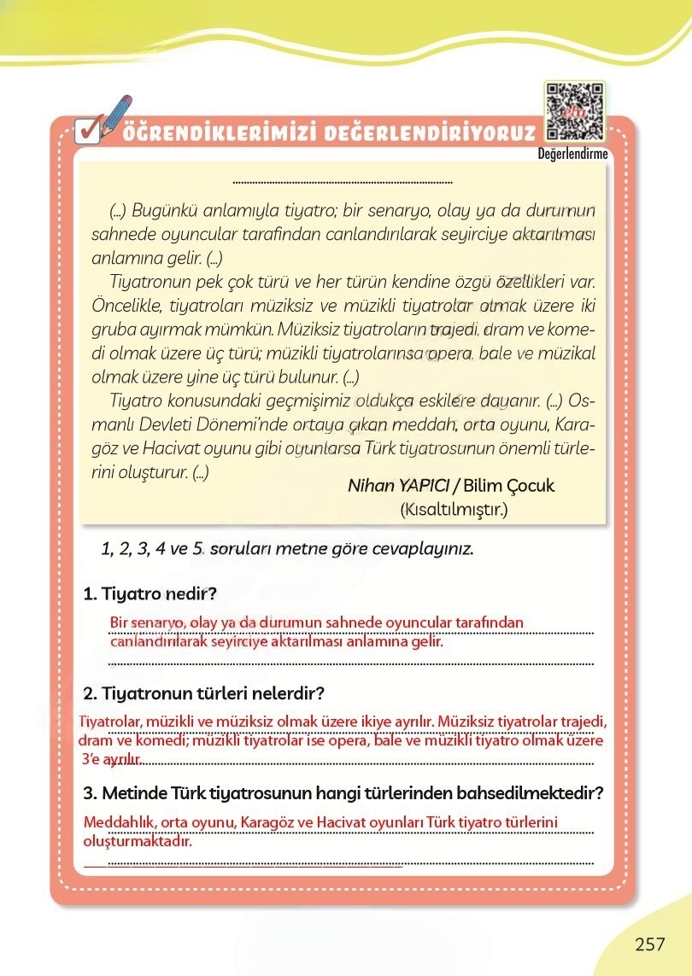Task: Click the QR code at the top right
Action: click(574, 112)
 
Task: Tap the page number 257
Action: click(649, 944)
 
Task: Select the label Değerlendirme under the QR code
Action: click(572, 155)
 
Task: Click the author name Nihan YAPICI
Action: click(398, 486)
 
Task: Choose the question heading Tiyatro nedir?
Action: click(159, 593)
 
